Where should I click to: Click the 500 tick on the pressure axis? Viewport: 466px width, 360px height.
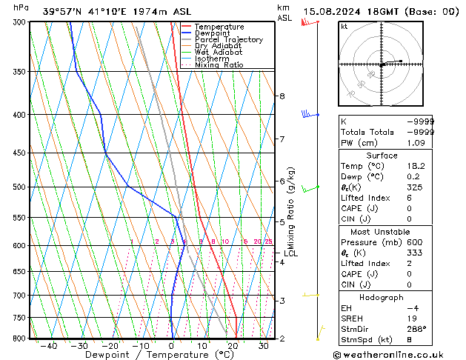coord(19,187)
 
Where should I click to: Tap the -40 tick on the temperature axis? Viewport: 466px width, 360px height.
coord(49,346)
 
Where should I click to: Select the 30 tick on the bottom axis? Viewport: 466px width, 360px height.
coord(264,346)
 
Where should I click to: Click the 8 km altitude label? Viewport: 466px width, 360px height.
coord(282,96)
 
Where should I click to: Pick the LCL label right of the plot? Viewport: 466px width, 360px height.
coord(290,253)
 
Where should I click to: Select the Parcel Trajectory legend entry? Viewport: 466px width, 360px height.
coord(228,40)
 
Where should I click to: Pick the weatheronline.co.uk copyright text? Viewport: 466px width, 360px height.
coord(399,354)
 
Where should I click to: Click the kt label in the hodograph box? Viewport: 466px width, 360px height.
coord(344,26)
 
